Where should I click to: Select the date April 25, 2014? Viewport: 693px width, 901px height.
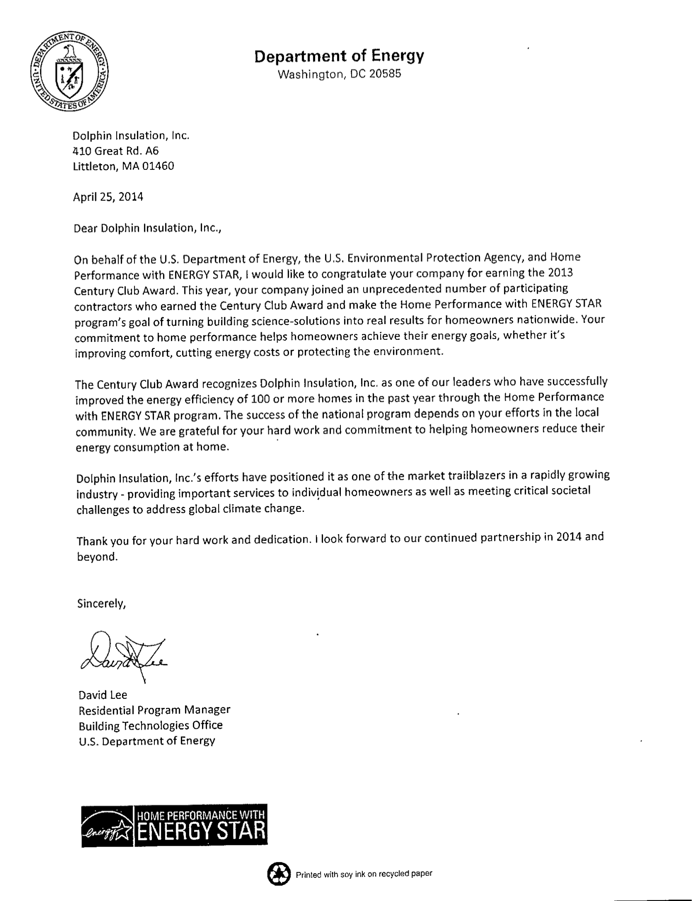108,197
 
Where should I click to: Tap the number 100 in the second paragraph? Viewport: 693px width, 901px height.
260,399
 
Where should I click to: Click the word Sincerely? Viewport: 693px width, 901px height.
101,604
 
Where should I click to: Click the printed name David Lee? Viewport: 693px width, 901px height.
103,695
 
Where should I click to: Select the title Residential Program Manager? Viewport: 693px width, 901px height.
154,710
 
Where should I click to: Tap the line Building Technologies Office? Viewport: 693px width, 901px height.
151,725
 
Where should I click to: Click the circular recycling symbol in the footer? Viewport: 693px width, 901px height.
279,874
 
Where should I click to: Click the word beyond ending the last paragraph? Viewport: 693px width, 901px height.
97,557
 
